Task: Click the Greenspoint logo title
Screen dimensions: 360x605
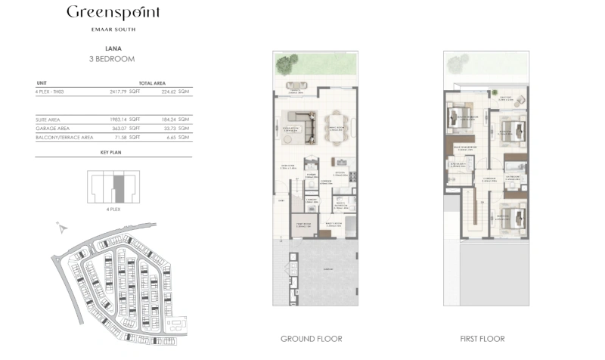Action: tap(113, 13)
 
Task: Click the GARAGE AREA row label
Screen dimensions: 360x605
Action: tap(51, 129)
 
